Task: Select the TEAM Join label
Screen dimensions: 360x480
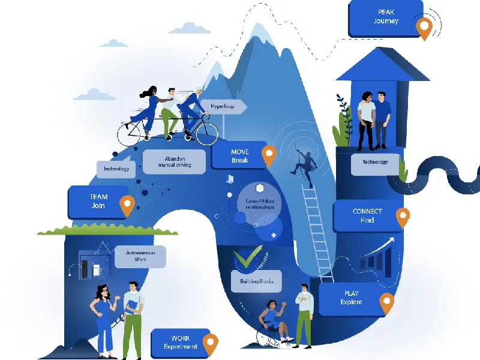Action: (x=98, y=201)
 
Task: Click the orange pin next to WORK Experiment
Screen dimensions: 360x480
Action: (x=209, y=343)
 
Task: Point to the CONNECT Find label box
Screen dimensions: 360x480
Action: (x=367, y=216)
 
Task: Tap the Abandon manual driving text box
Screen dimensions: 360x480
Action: (x=175, y=161)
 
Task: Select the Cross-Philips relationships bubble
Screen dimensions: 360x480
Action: (x=259, y=203)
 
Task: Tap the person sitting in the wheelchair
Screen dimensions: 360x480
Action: (x=273, y=324)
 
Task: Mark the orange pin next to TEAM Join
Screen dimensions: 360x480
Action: (x=127, y=205)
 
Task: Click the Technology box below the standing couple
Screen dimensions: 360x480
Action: (x=375, y=162)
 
